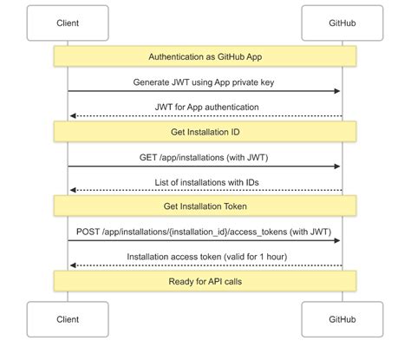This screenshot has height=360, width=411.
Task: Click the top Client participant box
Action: click(68, 23)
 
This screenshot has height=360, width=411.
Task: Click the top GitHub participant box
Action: click(342, 23)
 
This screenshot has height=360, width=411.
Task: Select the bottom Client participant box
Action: click(68, 319)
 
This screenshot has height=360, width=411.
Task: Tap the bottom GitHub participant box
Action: click(342, 319)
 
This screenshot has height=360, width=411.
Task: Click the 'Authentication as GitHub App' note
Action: click(205, 56)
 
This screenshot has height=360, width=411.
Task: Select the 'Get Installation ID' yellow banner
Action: click(205, 132)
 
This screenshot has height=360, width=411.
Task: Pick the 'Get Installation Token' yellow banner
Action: click(205, 206)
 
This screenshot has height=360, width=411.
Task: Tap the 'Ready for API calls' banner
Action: click(205, 282)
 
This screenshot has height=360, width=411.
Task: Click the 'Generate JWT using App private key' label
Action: click(205, 82)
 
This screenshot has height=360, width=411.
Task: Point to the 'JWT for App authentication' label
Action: click(205, 107)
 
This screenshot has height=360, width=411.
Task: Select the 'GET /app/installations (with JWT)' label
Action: click(205, 157)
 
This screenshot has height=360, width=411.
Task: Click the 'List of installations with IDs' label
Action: click(205, 181)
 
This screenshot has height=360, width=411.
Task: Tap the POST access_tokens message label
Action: click(205, 232)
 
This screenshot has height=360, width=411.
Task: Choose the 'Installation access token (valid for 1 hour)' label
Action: click(205, 257)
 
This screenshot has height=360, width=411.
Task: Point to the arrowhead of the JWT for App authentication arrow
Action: click(72, 115)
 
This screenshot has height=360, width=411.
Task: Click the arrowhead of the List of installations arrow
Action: click(72, 191)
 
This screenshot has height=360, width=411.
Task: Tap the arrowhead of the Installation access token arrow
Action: click(72, 265)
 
